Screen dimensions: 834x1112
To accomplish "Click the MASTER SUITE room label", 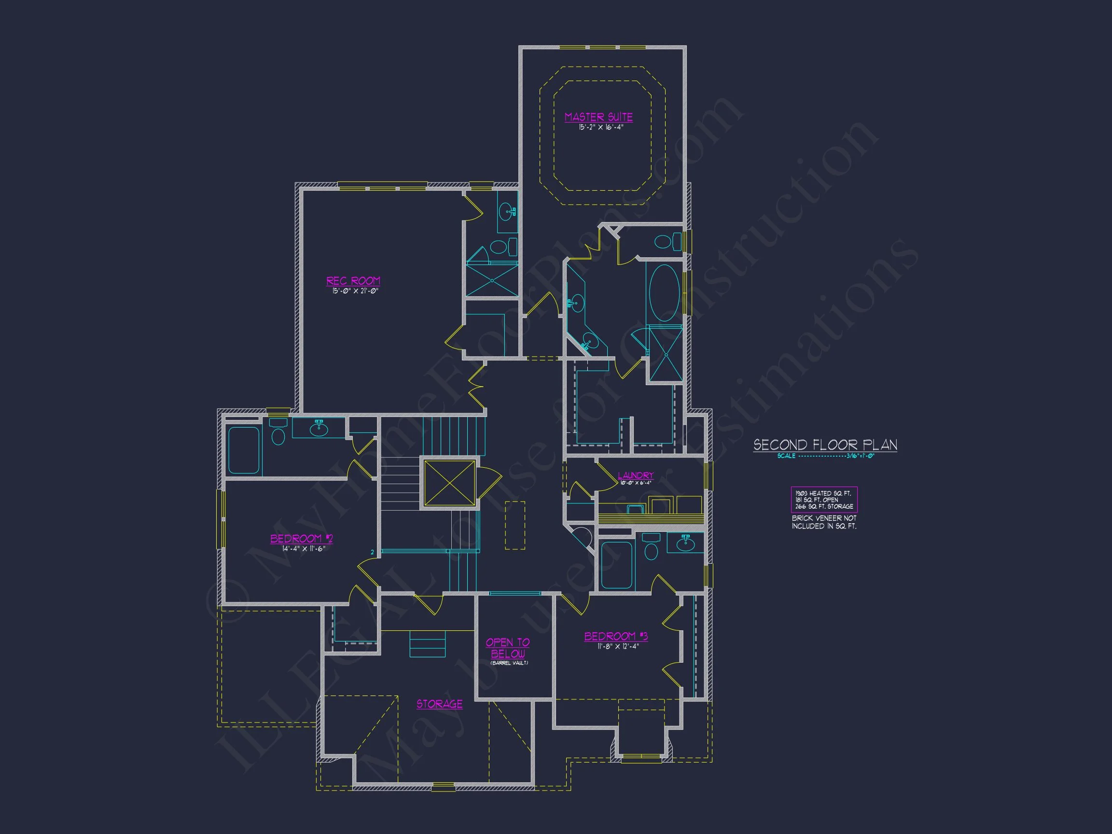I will (598, 117).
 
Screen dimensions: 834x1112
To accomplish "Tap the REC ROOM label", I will (353, 280).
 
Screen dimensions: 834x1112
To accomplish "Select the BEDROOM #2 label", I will (302, 539).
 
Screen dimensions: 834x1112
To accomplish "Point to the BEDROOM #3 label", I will (616, 637).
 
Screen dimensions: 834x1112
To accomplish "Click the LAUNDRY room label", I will (636, 475).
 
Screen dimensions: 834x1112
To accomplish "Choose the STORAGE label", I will (439, 704).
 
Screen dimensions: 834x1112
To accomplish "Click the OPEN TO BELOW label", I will (508, 648).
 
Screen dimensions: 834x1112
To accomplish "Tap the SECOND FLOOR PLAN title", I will (825, 445).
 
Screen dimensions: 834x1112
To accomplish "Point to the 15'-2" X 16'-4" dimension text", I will (601, 128).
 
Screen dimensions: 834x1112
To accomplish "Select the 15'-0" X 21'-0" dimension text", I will (355, 291).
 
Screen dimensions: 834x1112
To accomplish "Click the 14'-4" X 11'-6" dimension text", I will (304, 549).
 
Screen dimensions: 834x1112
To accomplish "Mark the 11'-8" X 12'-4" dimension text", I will (618, 646).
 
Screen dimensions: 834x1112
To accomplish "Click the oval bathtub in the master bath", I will (664, 293).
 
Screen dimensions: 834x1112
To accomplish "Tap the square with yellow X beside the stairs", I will (449, 483).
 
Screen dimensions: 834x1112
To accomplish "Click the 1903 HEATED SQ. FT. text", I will (823, 494).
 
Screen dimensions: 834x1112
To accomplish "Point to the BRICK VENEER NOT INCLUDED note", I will (824, 522).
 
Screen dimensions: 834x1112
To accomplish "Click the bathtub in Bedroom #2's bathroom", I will (244, 450).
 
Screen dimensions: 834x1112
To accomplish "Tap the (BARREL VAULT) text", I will (509, 663).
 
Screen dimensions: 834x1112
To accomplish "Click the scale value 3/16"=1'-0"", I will (860, 456).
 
